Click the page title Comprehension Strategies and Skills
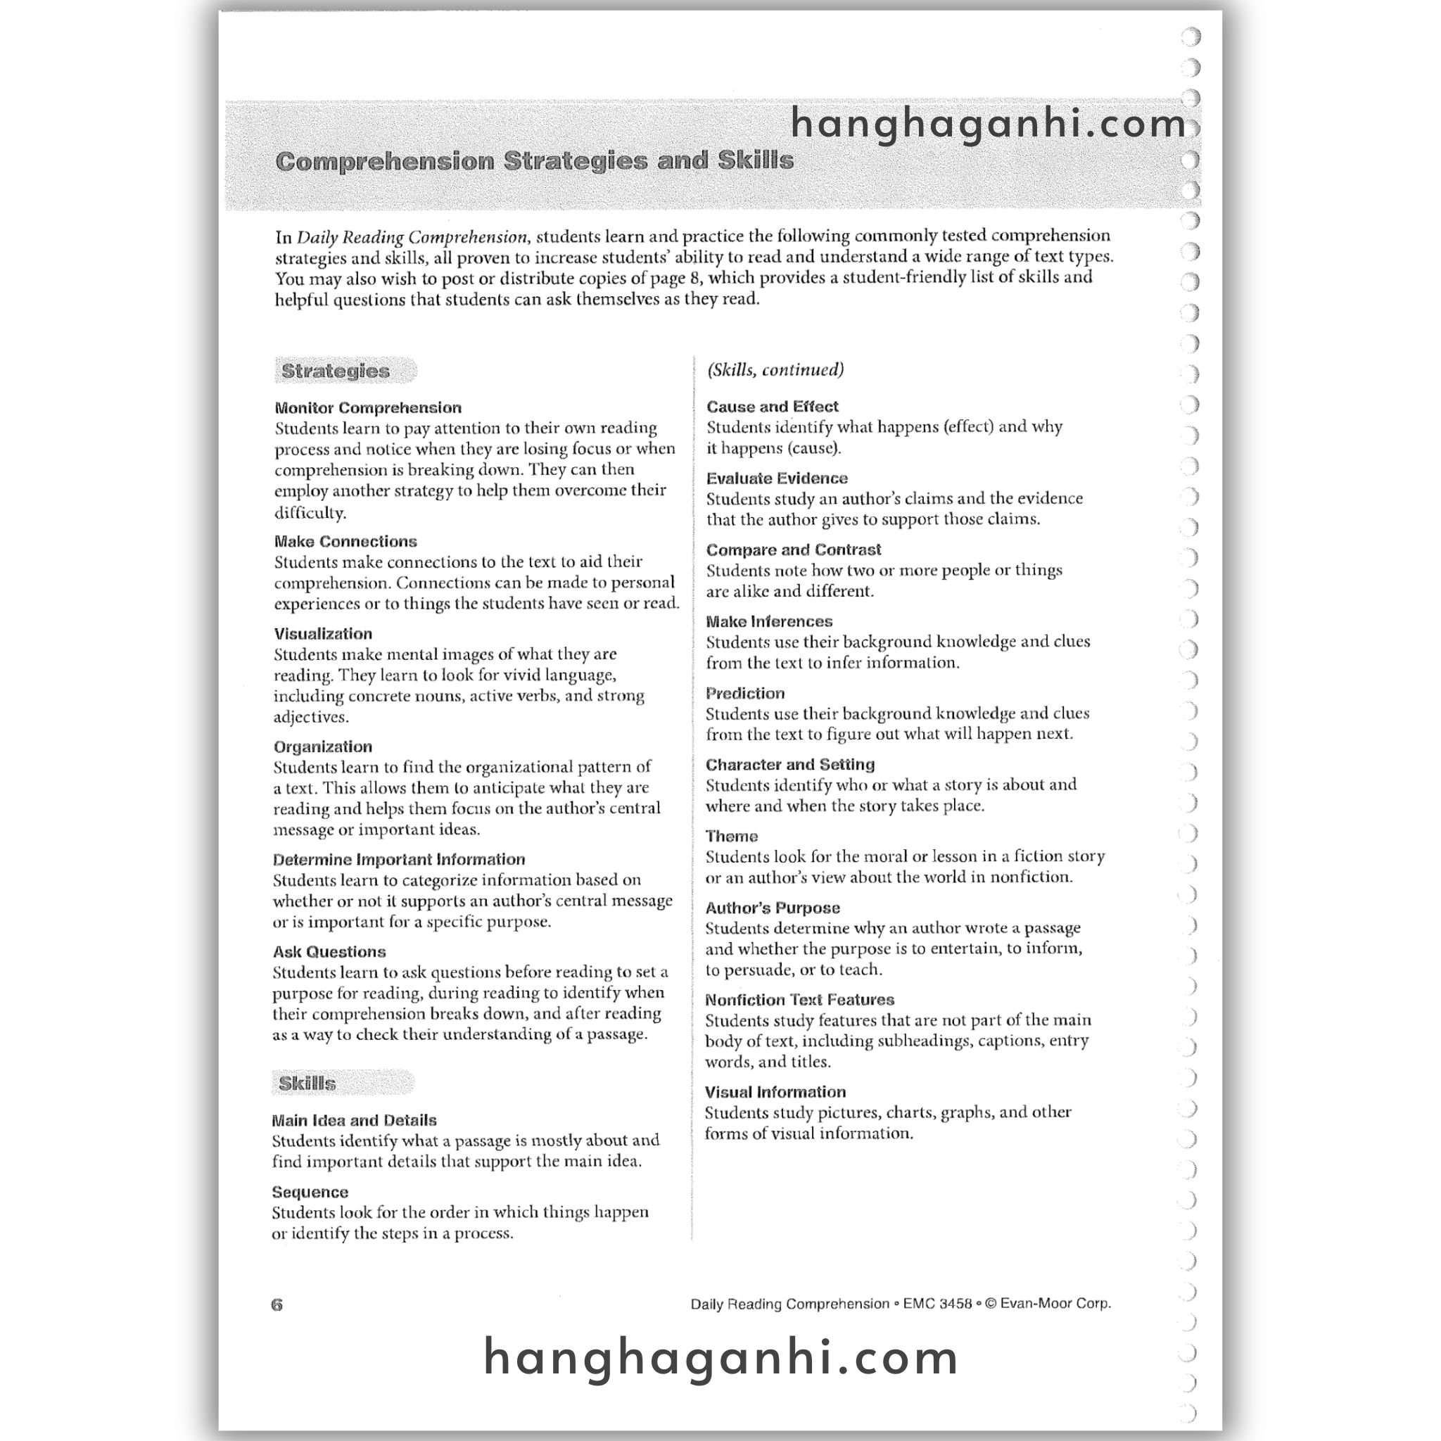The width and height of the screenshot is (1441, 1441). (x=534, y=161)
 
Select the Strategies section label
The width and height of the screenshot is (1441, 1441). (x=336, y=371)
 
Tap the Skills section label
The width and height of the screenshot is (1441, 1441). (x=307, y=1083)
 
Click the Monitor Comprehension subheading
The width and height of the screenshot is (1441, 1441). (x=368, y=408)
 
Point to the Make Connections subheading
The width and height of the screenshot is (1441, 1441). (x=345, y=542)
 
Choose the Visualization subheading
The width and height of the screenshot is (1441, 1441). (x=323, y=634)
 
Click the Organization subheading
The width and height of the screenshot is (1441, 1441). (x=322, y=747)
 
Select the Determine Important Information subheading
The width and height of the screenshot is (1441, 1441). (x=399, y=859)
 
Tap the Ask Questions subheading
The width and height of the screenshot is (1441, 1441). (x=329, y=952)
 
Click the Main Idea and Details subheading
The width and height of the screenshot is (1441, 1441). (x=355, y=1120)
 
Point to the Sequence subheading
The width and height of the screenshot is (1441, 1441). (x=310, y=1192)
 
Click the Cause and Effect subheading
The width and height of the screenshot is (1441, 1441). (x=772, y=407)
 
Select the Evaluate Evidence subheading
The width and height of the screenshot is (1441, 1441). (x=777, y=478)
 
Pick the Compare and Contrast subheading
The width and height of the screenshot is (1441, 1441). (x=794, y=550)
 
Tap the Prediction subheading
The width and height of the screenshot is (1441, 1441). (x=745, y=693)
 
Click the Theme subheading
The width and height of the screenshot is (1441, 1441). (x=731, y=836)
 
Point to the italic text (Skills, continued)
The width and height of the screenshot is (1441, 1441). (x=775, y=370)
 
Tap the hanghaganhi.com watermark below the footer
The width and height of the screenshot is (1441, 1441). (x=720, y=1357)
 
